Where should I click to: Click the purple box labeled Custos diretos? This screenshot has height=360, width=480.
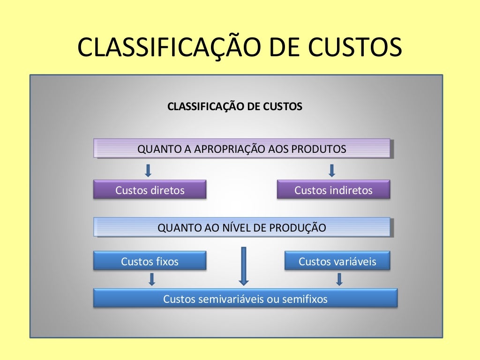pos(150,190)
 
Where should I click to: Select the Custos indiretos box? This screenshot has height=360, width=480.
pos(333,190)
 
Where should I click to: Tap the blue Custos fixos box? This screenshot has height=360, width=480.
pos(150,261)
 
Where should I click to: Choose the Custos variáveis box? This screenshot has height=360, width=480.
pos(337,261)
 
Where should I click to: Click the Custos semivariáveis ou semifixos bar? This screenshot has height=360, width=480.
pos(245,299)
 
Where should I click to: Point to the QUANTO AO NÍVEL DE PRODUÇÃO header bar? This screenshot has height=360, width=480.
pos(242,228)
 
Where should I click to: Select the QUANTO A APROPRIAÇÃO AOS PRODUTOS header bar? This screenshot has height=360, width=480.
pos(242,149)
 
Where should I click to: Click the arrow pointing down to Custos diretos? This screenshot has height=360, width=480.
pos(148,170)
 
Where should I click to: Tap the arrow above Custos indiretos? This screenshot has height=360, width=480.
pos(332,170)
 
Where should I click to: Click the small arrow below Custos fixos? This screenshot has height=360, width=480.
pos(151,279)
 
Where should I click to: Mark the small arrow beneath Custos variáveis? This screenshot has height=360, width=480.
pos(339,279)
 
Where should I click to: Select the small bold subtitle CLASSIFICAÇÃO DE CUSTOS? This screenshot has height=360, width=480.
pos(235,106)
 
